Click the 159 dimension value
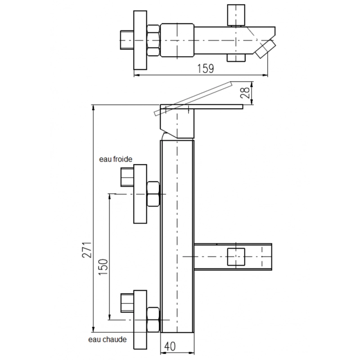[206, 68]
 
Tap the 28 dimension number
[245, 93]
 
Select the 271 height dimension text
[87, 250]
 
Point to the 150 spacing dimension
[103, 267]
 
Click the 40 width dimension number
[170, 346]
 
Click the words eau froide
[116, 159]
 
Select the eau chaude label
[108, 339]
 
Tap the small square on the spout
[236, 256]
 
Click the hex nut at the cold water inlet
[153, 194]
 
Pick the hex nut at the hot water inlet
[153, 319]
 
